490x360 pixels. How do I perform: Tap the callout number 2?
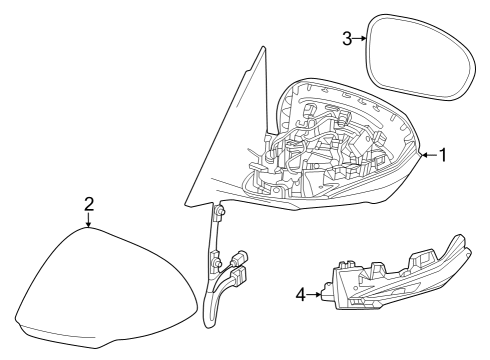tap(89, 204)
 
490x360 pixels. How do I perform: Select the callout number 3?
tap(346, 38)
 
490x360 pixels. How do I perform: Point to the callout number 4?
tap(300, 294)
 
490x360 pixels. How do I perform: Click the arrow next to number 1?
tap(428, 155)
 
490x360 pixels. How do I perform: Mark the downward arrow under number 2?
tap(89, 221)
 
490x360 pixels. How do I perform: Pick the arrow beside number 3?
tap(359, 38)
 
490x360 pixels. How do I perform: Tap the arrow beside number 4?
tap(316, 294)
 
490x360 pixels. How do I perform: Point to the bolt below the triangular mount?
tap(219, 211)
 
